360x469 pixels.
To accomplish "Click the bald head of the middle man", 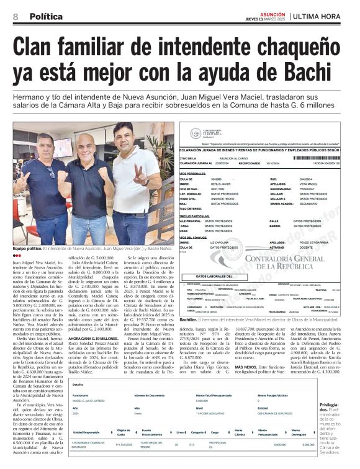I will click(x=88, y=132).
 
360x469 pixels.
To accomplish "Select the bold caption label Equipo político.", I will click(x=27, y=249).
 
